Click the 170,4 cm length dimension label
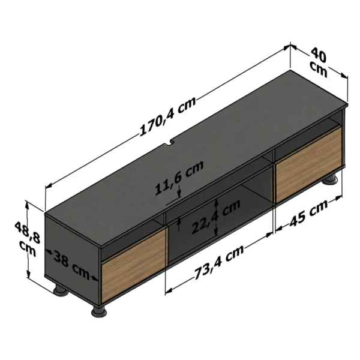pos(168,116)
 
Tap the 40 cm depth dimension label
pos(319,62)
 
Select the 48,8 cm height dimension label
pos(28,239)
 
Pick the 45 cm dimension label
pos(308,213)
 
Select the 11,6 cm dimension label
pos(179,177)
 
